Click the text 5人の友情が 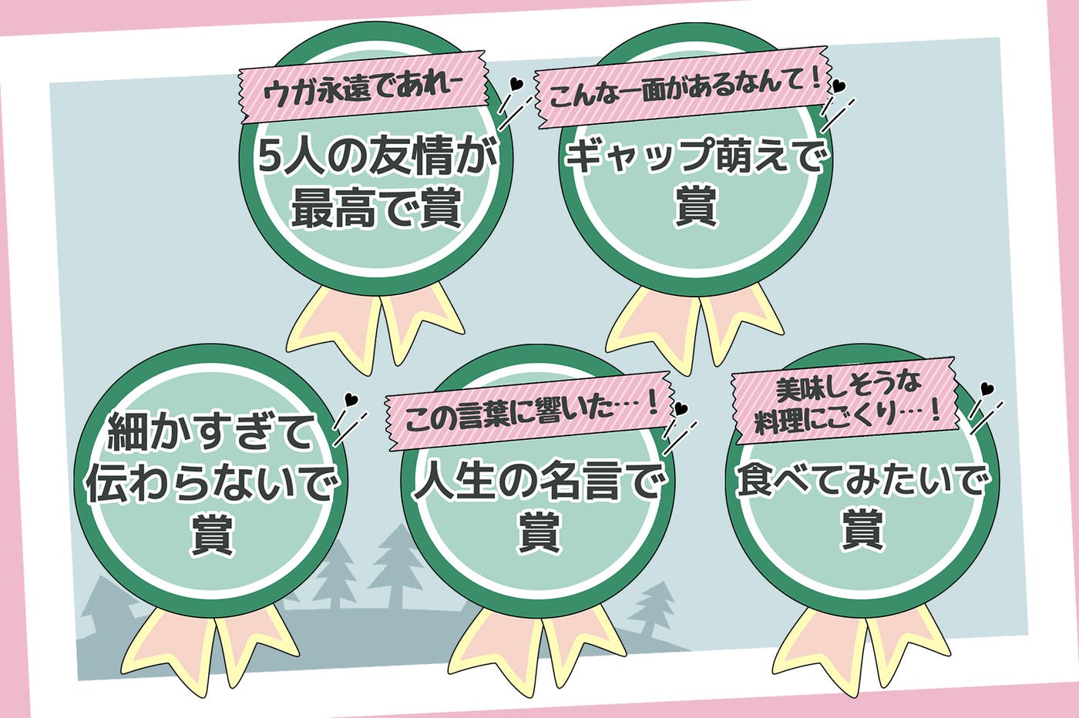[375, 156]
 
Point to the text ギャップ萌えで [696, 156]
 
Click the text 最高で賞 [375, 208]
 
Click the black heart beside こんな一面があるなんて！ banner [839, 86]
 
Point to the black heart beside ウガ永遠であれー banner [517, 83]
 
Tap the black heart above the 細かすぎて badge [351, 399]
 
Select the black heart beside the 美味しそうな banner [987, 389]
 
